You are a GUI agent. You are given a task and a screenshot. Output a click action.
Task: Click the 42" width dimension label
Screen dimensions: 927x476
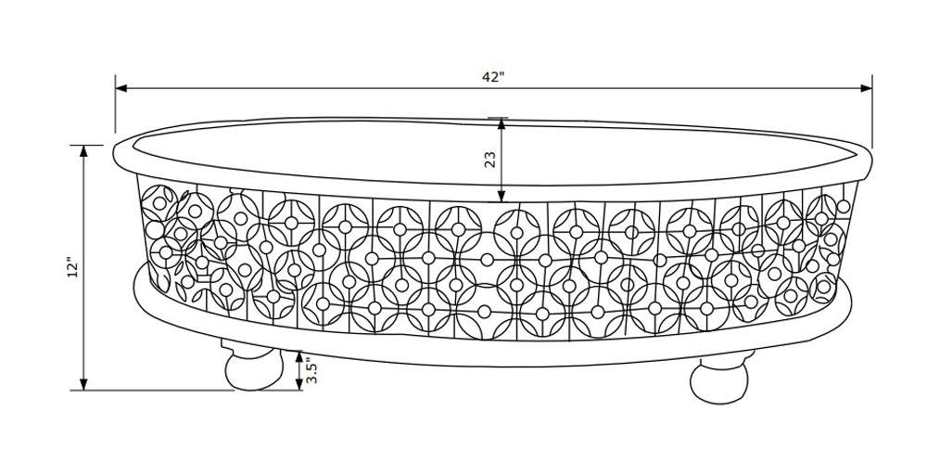click(492, 77)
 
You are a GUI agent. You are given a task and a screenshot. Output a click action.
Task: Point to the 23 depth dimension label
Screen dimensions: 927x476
click(490, 160)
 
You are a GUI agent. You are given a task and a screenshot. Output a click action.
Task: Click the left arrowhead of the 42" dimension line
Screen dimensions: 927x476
click(121, 88)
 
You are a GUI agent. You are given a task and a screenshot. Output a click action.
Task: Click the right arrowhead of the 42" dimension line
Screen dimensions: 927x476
click(866, 88)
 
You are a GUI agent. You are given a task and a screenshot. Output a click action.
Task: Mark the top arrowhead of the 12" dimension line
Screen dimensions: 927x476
click(83, 151)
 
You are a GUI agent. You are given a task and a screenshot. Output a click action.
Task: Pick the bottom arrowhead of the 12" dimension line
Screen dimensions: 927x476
click(83, 384)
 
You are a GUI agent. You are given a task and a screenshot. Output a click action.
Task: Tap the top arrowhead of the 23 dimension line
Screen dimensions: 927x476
click(502, 123)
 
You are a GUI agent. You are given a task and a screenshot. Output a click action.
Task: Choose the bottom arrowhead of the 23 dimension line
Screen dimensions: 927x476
click(502, 197)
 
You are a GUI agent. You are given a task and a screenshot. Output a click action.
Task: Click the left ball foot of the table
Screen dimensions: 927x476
click(254, 371)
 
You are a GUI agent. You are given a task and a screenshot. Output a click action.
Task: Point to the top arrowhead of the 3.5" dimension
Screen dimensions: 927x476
click(299, 356)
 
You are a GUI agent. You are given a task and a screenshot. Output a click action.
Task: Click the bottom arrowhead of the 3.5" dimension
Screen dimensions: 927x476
click(299, 385)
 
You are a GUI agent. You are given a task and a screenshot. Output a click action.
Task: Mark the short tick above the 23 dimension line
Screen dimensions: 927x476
click(498, 118)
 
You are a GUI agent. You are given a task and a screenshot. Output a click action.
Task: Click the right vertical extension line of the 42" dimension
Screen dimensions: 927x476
click(872, 111)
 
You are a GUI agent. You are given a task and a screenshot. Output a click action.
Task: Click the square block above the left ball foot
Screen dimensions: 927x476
click(248, 348)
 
